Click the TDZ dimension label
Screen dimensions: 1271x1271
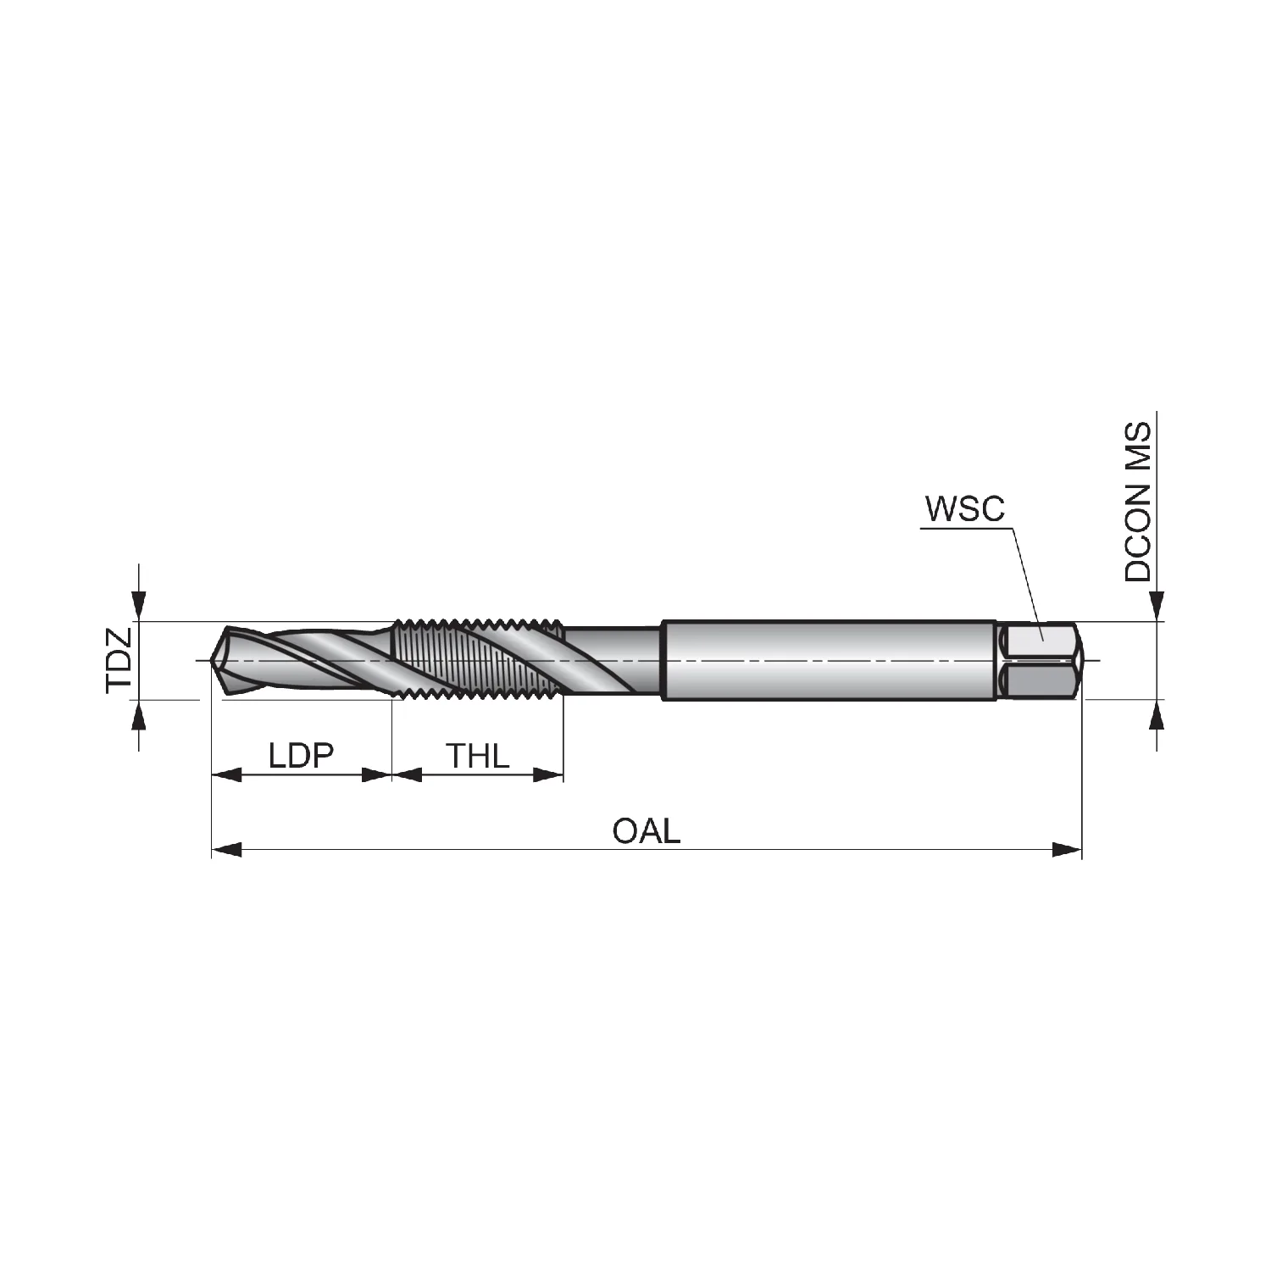(119, 660)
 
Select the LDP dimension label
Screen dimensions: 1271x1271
(302, 754)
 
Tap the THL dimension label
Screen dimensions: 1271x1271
(478, 754)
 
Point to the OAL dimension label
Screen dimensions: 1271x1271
(647, 831)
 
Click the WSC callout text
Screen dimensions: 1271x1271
(964, 508)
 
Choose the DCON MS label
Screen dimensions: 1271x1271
(1138, 502)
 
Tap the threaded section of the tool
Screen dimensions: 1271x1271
(480, 660)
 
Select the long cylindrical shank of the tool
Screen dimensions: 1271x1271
(829, 660)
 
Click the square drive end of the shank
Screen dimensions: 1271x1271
(1039, 660)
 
